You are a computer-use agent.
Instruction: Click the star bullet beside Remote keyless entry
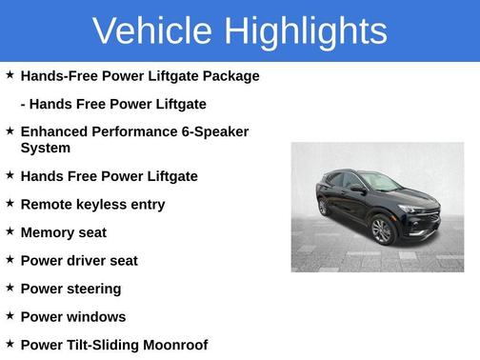click(x=10, y=204)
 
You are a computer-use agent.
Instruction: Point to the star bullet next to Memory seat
click(x=10, y=231)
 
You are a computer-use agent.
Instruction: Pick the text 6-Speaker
click(x=214, y=131)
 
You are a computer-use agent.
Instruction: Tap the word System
click(x=46, y=148)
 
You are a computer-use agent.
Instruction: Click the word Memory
click(x=50, y=232)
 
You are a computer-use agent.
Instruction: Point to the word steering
click(x=93, y=289)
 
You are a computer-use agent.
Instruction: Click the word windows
click(x=97, y=316)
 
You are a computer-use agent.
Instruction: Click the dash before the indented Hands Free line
click(x=24, y=104)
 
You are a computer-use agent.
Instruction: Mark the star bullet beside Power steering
click(x=10, y=288)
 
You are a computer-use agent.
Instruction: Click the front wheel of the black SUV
click(x=381, y=230)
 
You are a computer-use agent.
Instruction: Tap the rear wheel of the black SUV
click(x=324, y=207)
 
